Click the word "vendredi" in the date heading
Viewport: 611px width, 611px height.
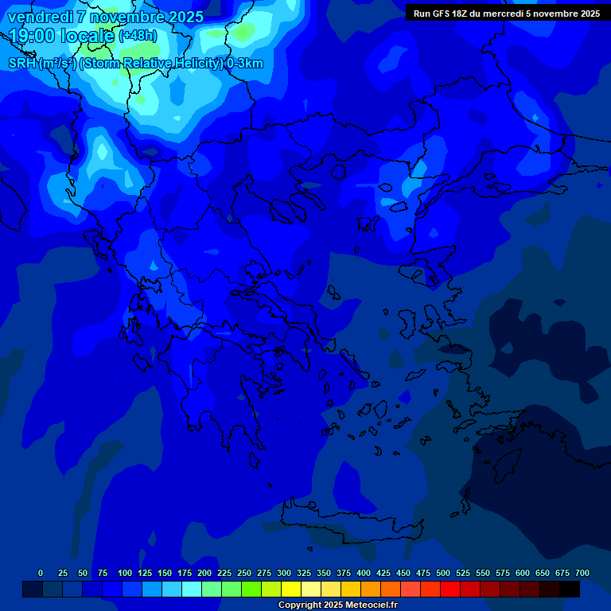click(41, 17)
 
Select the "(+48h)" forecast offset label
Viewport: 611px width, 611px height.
click(138, 36)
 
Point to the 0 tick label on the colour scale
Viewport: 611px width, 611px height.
click(41, 573)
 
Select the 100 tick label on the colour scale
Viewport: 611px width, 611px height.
click(125, 573)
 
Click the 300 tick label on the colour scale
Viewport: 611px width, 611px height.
click(284, 573)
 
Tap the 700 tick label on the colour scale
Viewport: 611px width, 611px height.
click(582, 573)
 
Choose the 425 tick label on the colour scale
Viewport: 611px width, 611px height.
click(383, 573)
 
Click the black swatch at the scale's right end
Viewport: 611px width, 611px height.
click(570, 589)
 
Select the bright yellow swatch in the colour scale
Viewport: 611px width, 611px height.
click(291, 589)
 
